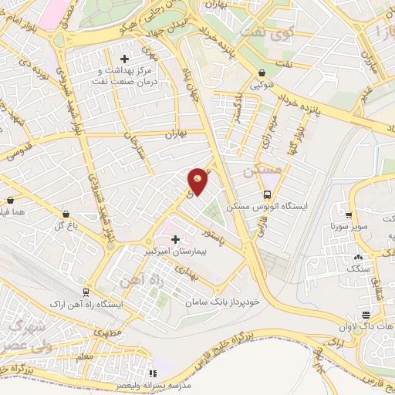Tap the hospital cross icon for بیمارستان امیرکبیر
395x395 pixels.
pyautogui.click(x=175, y=239)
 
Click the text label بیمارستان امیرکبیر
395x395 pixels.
pyautogui.click(x=169, y=252)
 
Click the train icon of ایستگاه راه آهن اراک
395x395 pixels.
pyautogui.click(x=86, y=292)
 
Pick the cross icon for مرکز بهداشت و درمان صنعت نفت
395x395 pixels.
pyautogui.click(x=124, y=59)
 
